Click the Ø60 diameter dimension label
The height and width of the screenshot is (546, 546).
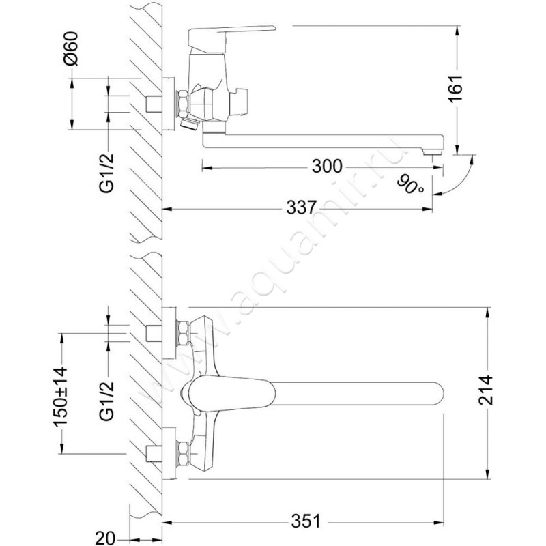pos(71,48)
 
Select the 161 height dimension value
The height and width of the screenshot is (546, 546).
pos(455,89)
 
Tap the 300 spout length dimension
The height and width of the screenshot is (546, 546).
pos(327,167)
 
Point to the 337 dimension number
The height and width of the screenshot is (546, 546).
pos(301,208)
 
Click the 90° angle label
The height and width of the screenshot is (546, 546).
pos(412,185)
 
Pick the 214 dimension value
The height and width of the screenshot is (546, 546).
pos(486,390)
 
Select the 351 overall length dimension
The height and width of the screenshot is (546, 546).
pos(306,521)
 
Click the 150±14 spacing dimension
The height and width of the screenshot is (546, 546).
pos(59,397)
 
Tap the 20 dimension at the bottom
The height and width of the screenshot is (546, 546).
pos(104,538)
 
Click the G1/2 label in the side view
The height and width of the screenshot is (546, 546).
pos(107,173)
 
